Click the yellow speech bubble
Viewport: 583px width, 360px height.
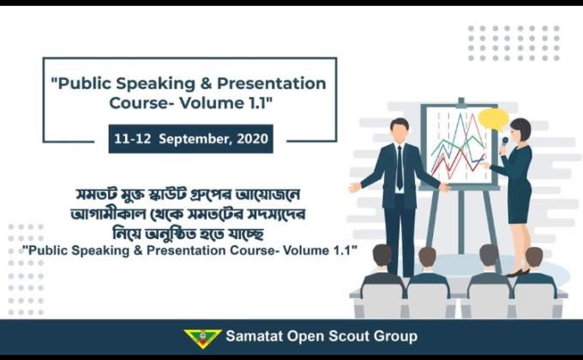coord(492,119)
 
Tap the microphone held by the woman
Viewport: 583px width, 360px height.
coord(504,144)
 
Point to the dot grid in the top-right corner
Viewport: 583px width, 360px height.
coord(513,42)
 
